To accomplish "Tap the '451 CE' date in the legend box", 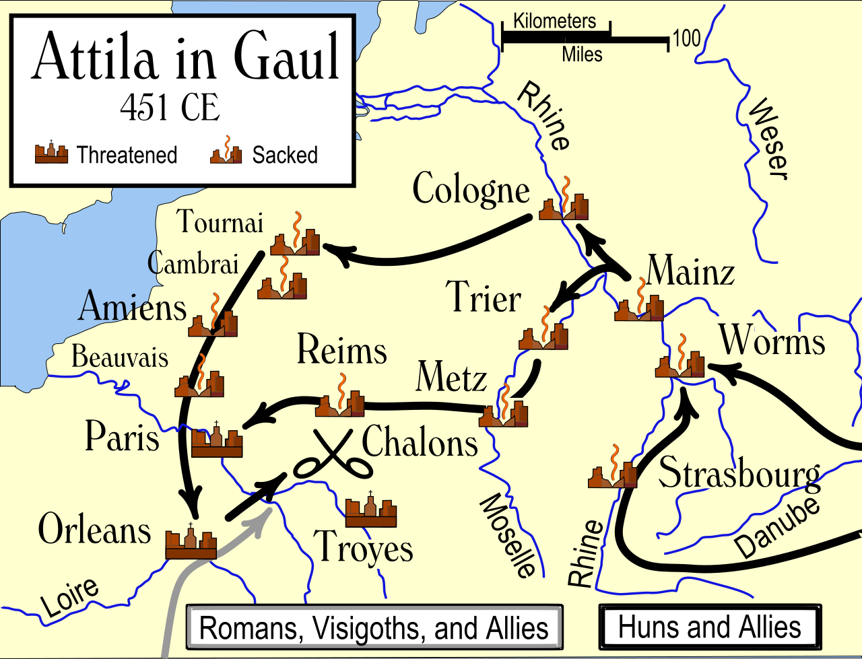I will point(170,107).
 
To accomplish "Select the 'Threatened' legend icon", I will point(52,153).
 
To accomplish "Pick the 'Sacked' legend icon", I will point(226,152).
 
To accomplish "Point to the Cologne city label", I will point(471,189).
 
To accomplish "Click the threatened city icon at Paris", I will point(217,441).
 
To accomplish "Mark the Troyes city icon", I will point(370,511).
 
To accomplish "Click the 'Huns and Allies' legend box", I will point(710,627).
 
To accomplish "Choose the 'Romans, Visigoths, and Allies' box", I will point(374,628).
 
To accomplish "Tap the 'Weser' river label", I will point(767,139).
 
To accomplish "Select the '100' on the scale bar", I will point(686,38).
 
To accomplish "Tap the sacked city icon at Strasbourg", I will point(612,471).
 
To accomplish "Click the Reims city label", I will point(342,351).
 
